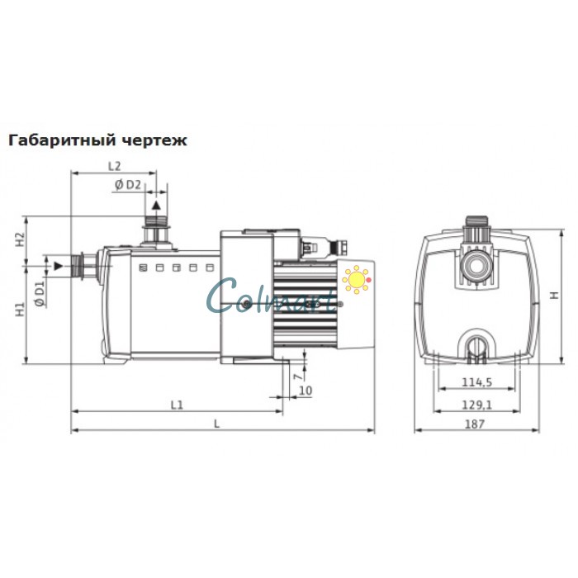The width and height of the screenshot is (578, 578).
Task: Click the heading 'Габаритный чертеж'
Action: [x=97, y=140]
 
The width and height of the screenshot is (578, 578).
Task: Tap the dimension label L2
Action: [x=116, y=166]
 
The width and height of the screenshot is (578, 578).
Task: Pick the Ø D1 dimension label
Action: [x=39, y=291]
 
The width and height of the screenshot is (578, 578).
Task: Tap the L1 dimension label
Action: [x=176, y=404]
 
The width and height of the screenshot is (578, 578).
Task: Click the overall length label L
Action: [x=216, y=423]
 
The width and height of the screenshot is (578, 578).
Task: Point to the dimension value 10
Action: [x=305, y=390]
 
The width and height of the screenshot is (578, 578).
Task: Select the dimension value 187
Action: [x=475, y=423]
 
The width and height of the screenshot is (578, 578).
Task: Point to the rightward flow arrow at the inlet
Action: [x=58, y=266]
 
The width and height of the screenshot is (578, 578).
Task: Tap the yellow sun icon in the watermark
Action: [x=357, y=279]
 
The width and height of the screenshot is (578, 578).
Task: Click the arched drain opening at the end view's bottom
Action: [x=475, y=345]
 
